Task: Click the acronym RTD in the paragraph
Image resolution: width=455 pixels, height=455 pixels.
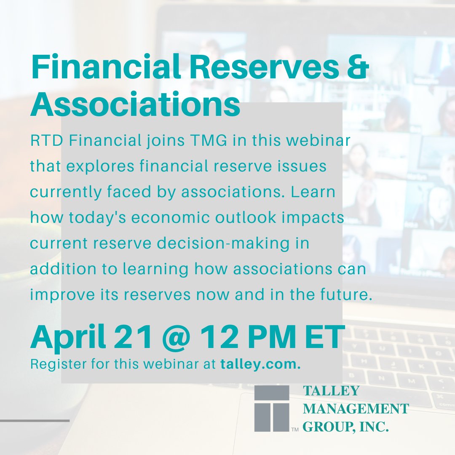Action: (46, 141)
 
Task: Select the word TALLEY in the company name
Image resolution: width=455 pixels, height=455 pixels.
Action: (331, 391)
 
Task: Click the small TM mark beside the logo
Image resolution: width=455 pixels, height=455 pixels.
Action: (294, 430)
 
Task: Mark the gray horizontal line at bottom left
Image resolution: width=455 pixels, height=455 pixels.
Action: (35, 420)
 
